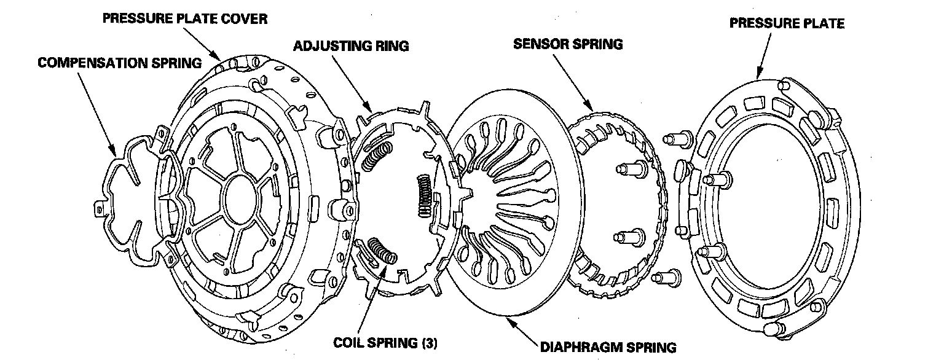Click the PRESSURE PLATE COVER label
pos(184,18)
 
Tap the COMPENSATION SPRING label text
pos(119,63)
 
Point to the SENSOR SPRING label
pos(568,44)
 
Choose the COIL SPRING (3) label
pos(385,342)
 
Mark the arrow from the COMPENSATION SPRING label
pos(98,111)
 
